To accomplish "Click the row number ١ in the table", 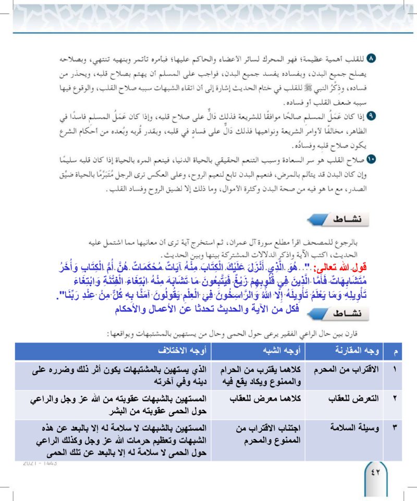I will (x=395, y=369).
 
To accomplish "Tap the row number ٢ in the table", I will (x=395, y=398).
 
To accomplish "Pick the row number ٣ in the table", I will (x=395, y=428).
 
